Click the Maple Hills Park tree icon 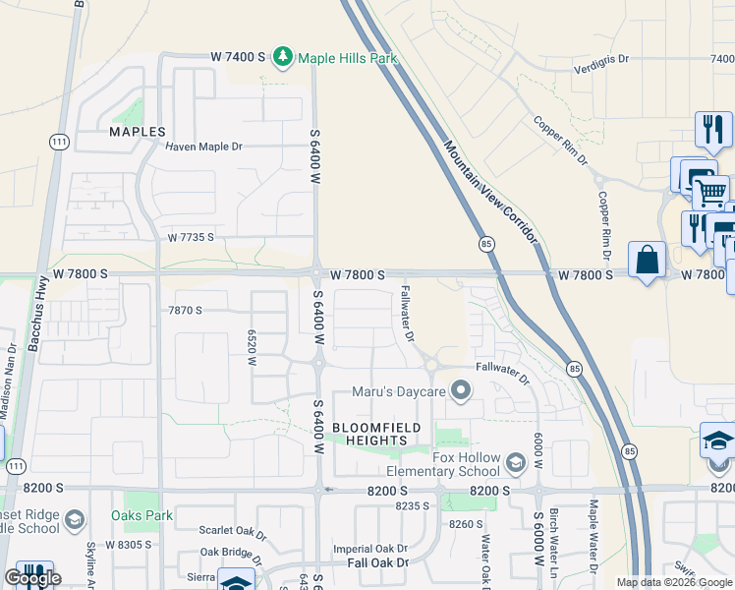point(283,58)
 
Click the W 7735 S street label point(190,238)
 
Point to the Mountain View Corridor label point(491,193)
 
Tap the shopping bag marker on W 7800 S point(647,261)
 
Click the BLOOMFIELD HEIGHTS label point(376,434)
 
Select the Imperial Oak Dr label point(370,549)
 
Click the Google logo point(32,578)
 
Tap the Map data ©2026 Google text point(674,582)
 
